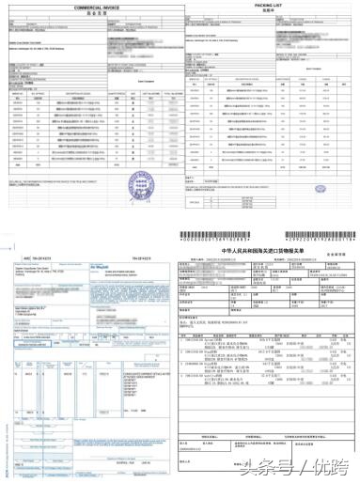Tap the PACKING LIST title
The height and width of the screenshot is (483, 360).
(270, 5)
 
